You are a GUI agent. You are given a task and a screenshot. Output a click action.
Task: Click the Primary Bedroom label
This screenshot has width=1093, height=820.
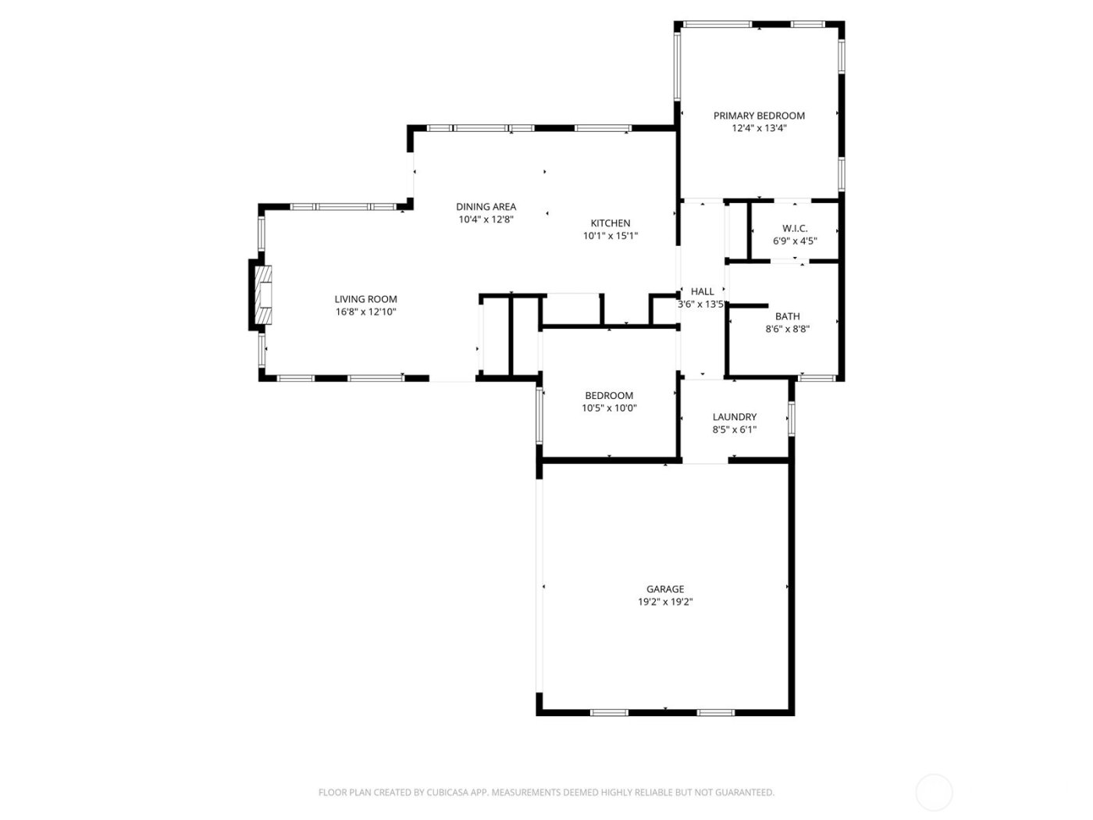coord(759,116)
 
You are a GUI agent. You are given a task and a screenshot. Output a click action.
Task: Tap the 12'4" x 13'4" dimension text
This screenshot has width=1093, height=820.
coord(759,129)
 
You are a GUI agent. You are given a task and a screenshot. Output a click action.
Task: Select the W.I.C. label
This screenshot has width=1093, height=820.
coord(795,228)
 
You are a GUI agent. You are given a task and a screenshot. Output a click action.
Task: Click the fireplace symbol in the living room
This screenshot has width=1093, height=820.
coord(265,294)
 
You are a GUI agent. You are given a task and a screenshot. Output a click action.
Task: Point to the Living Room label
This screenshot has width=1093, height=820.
coord(365,299)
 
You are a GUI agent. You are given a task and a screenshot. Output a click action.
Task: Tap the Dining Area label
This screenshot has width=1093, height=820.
coord(486,207)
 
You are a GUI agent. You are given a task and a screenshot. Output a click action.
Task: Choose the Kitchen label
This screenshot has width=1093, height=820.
coord(610,223)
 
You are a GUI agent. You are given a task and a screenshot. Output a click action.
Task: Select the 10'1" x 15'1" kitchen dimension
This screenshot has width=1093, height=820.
coord(610,236)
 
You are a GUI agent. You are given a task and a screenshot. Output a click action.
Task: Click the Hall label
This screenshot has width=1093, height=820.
coord(702,291)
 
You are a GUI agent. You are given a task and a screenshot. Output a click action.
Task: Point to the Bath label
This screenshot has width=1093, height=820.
coord(787,316)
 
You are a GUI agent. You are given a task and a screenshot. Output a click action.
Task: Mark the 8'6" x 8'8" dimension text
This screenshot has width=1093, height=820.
coord(787,330)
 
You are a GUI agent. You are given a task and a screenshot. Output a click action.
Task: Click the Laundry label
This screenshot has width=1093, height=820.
coord(734,417)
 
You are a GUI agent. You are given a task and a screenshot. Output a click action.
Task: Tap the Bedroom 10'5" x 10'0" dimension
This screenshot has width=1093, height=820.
coord(609,408)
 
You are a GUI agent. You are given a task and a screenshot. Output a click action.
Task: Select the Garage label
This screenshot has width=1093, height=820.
coord(664,590)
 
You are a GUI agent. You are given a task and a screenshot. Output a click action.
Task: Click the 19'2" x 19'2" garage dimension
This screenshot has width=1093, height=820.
coord(664,602)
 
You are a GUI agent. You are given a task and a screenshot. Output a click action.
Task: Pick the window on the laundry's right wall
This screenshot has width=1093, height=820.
coord(791,418)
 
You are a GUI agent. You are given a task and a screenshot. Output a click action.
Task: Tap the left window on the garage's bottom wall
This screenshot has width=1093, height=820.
coord(609,712)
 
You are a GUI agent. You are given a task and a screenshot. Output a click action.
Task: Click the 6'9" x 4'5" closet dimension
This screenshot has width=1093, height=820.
coord(795,241)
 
